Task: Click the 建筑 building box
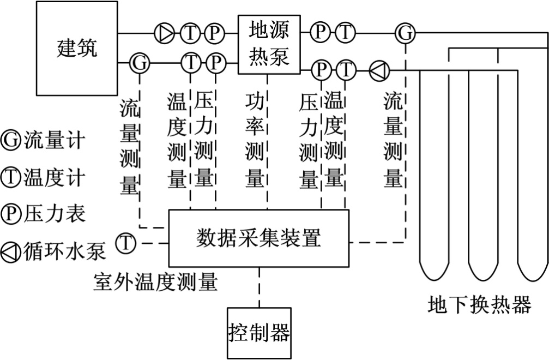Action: [x=77, y=48]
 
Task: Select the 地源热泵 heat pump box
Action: [x=269, y=44]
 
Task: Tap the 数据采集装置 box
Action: [x=258, y=238]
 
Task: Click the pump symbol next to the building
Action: [x=164, y=33]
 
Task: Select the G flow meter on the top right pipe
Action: [x=405, y=33]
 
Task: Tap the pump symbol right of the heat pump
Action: [x=378, y=70]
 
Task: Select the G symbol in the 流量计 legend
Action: [x=10, y=140]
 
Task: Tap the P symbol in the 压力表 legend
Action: [x=10, y=213]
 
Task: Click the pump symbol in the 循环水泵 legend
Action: [x=10, y=250]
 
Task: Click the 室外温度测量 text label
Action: [x=155, y=281]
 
